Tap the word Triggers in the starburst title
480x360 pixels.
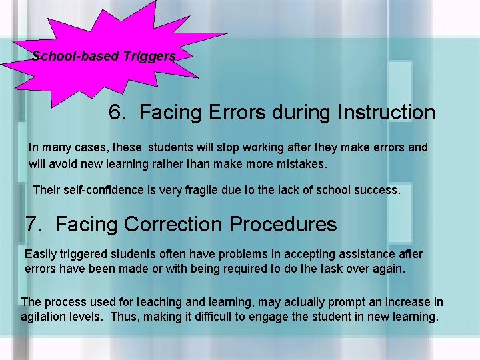(149, 56)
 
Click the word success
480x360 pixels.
(377, 190)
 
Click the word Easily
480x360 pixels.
(41, 254)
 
